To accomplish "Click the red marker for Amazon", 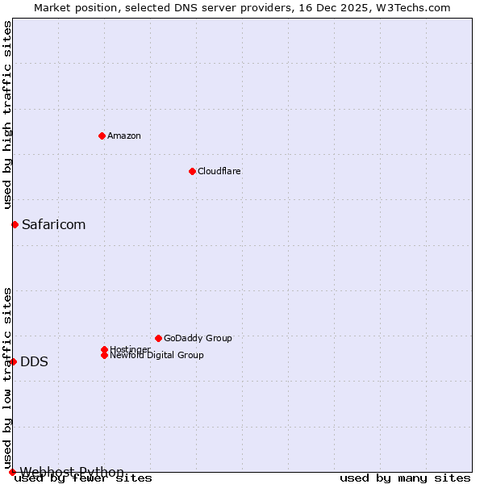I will coord(102,136).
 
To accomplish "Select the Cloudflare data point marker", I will coord(192,171).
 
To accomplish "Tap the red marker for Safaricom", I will coord(15,224).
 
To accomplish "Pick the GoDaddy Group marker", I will coord(158,338).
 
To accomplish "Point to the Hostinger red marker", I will coord(104,349).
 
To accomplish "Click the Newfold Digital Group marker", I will coord(104,355).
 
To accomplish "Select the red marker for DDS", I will coord(13,361).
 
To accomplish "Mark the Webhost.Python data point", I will coord(12,472).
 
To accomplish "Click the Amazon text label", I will coord(124,136).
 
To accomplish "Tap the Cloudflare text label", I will coord(219,171).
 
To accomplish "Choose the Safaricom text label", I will coord(54,224).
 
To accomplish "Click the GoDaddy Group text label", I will coord(198,338).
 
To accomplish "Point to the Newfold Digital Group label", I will coord(157,356).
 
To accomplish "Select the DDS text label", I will coord(34,361).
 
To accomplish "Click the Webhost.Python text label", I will coord(73,472).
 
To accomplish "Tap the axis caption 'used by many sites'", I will coord(405,478).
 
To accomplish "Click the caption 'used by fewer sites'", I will coord(84,478).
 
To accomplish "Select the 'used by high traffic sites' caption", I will coord(7,115).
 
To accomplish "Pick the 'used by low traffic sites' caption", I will coord(7,378).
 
